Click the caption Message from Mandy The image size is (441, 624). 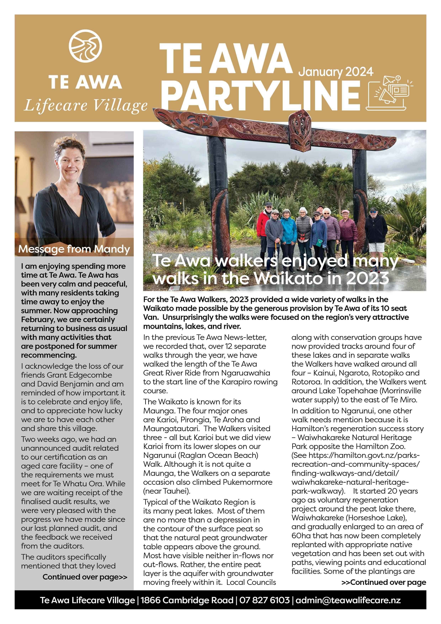[74, 249]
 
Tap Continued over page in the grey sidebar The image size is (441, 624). [85, 577]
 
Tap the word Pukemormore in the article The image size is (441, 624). [248, 482]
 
